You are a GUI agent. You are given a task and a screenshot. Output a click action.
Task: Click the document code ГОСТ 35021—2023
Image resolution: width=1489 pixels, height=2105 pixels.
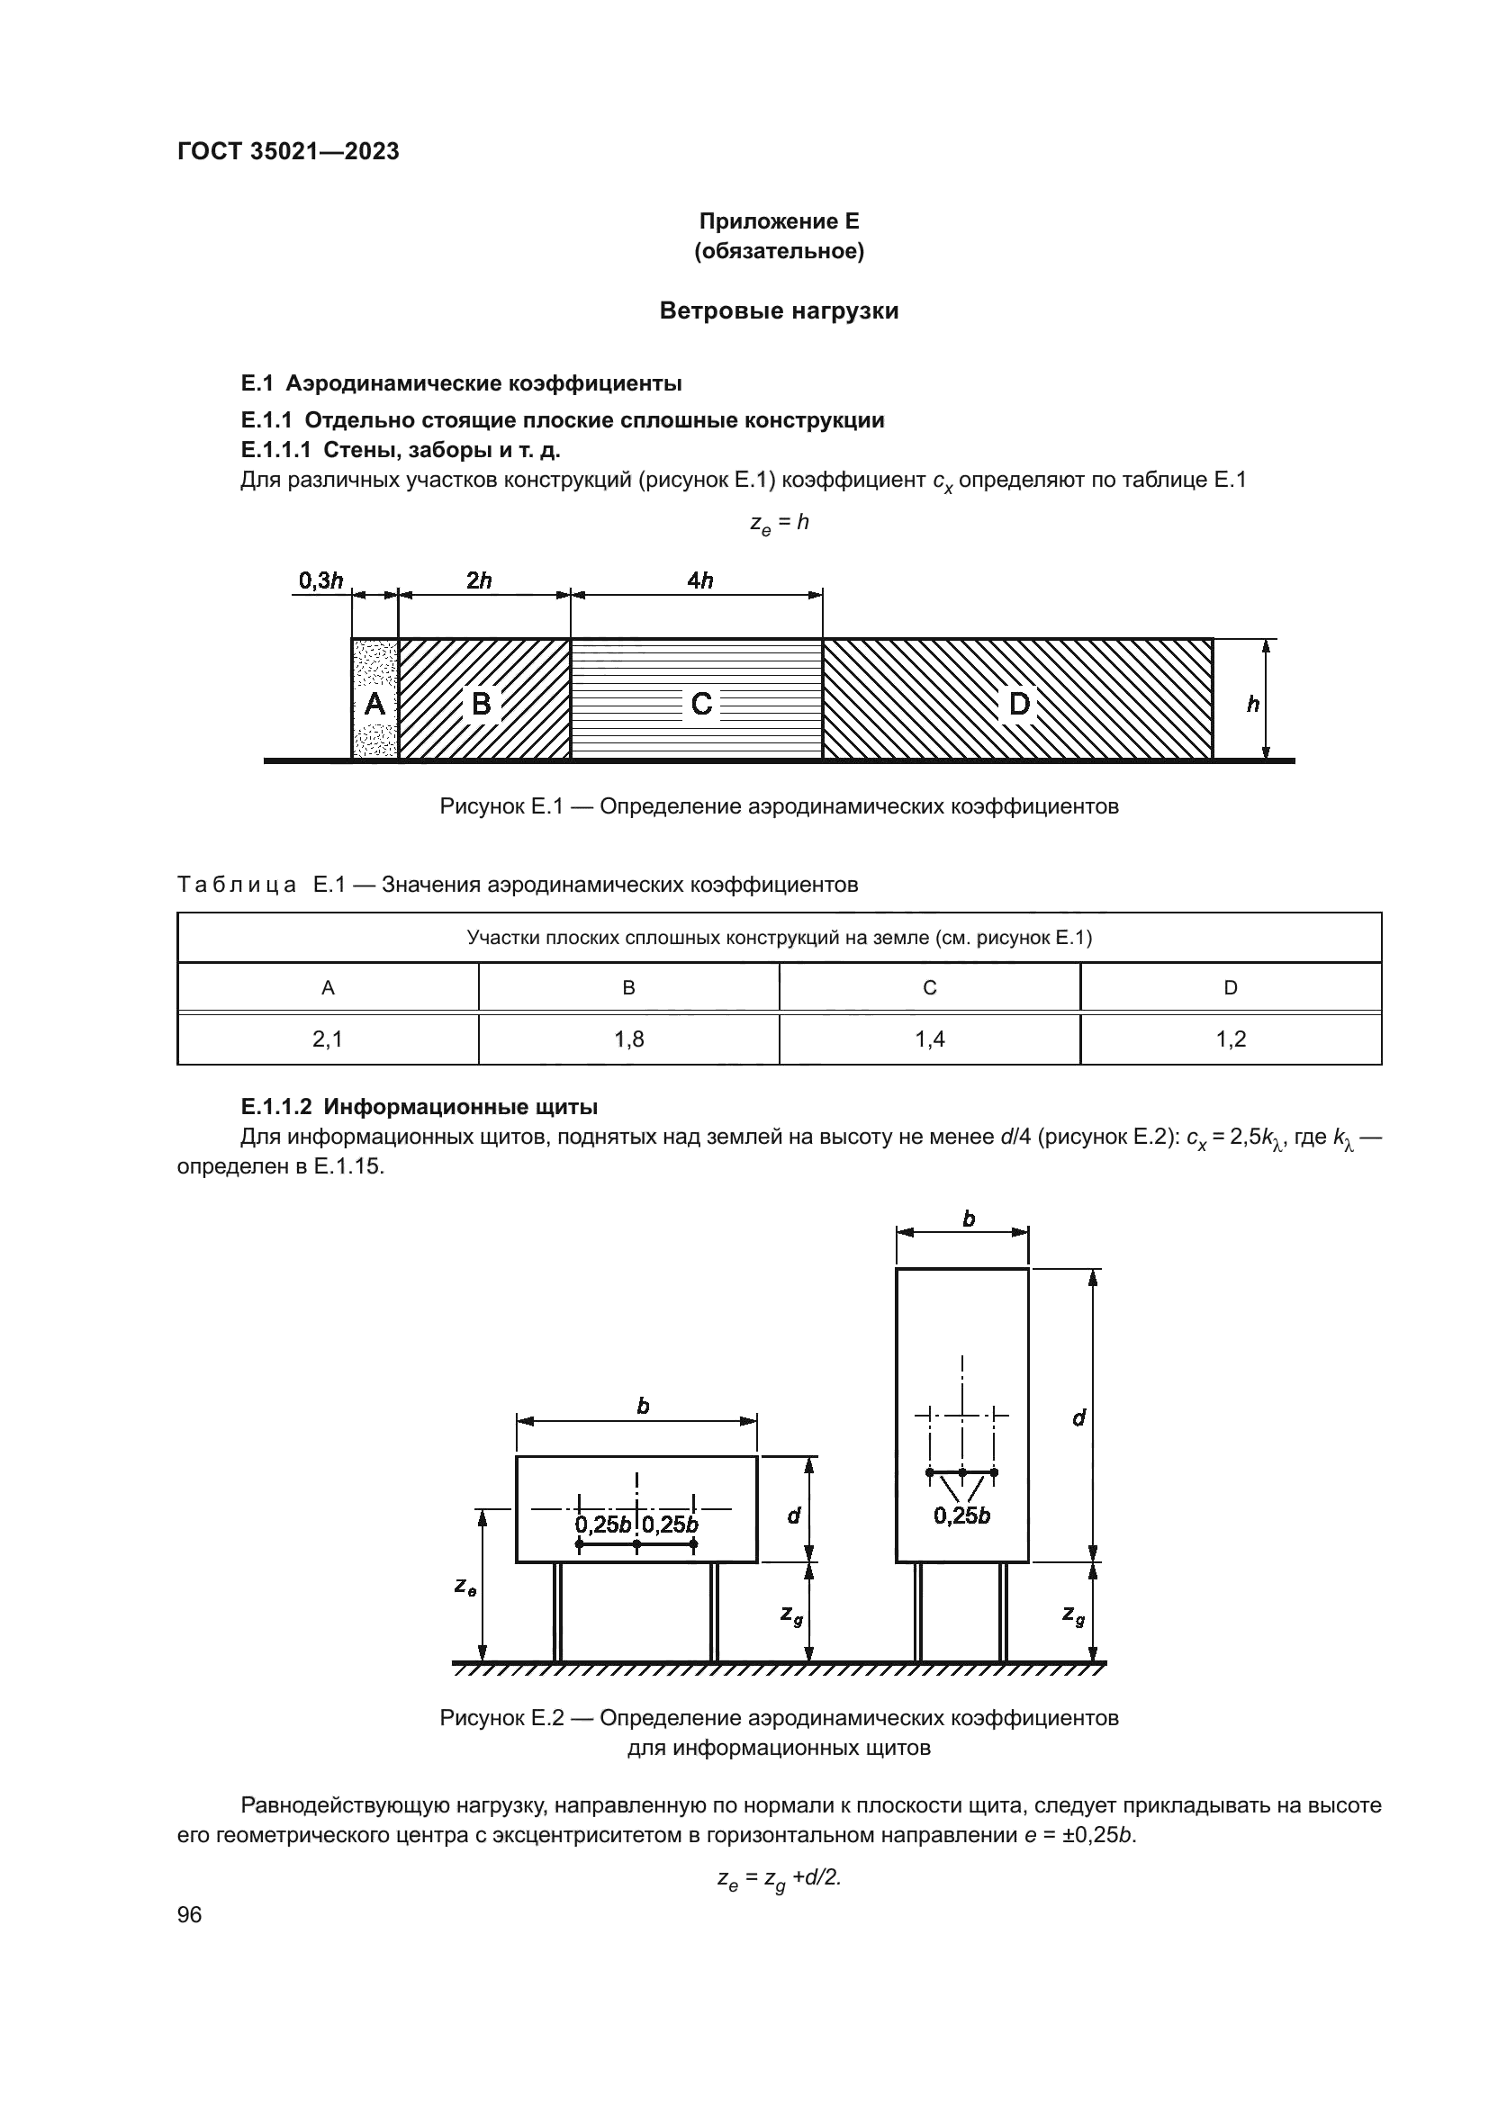click(288, 152)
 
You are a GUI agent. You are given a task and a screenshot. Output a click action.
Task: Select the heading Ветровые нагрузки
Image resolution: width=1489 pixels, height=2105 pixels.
click(779, 310)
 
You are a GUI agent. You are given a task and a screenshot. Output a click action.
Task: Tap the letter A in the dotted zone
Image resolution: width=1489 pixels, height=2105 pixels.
click(375, 704)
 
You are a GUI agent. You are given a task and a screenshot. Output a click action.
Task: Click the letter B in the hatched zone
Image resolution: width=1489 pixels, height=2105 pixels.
click(481, 703)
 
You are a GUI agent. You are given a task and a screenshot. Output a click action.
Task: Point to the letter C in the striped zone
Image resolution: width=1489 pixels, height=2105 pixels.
click(701, 704)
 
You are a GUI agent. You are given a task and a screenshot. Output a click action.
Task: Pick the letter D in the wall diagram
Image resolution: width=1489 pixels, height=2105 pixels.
click(1019, 704)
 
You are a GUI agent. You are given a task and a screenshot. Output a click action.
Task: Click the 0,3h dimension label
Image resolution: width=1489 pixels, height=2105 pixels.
click(320, 580)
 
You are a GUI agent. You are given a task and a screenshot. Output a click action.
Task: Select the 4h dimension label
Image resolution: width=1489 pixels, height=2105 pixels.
click(699, 580)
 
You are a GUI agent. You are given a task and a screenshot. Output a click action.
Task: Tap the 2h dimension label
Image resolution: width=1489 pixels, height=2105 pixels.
click(479, 580)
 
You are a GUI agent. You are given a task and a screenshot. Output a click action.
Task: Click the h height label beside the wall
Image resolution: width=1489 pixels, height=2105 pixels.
click(1252, 704)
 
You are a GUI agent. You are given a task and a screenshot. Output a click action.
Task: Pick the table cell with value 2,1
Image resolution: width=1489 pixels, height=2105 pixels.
click(328, 1039)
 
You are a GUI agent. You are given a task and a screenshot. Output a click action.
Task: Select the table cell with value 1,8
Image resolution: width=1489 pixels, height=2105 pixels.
click(629, 1039)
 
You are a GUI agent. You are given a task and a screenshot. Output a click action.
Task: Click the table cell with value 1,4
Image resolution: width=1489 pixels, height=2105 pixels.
click(930, 1039)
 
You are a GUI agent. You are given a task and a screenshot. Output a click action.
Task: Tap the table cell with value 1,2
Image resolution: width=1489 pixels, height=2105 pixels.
click(1231, 1039)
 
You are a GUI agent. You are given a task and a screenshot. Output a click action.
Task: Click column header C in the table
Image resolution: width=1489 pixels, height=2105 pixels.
click(930, 987)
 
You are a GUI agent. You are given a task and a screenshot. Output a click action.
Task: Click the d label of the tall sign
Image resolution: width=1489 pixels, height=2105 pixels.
click(1078, 1418)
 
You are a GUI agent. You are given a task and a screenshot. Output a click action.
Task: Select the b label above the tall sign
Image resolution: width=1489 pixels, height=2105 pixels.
click(969, 1219)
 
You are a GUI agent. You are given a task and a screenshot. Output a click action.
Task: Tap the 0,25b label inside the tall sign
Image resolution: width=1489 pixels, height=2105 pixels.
click(961, 1516)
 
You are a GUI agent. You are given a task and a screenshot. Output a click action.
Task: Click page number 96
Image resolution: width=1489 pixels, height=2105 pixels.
click(190, 1914)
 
